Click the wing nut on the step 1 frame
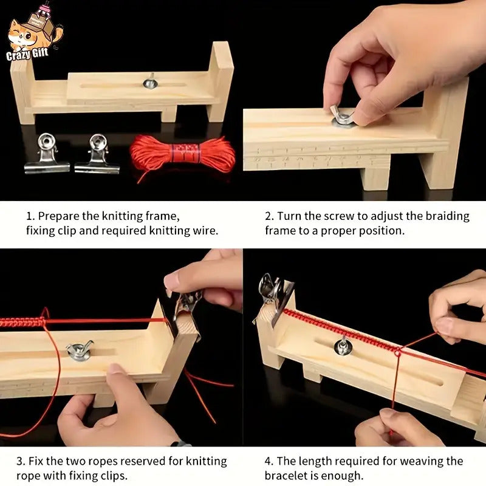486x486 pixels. point(149,81)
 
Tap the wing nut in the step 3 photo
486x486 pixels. point(80,351)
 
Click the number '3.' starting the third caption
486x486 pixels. point(20,462)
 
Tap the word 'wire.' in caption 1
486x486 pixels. point(205,230)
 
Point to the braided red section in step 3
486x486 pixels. point(21,322)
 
